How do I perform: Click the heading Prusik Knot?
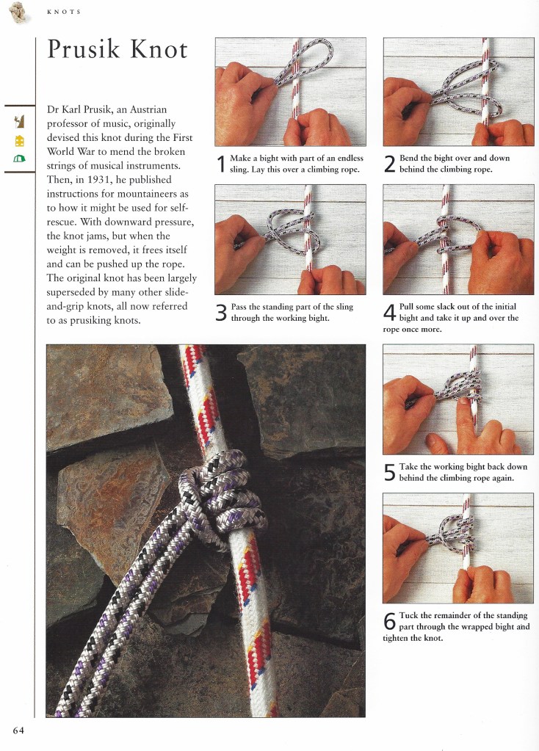click(x=117, y=50)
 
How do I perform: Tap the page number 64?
click(x=18, y=729)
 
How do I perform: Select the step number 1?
click(x=221, y=164)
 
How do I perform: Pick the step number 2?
click(x=391, y=164)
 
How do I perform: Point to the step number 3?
click(x=221, y=313)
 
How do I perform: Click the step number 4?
click(x=391, y=313)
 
